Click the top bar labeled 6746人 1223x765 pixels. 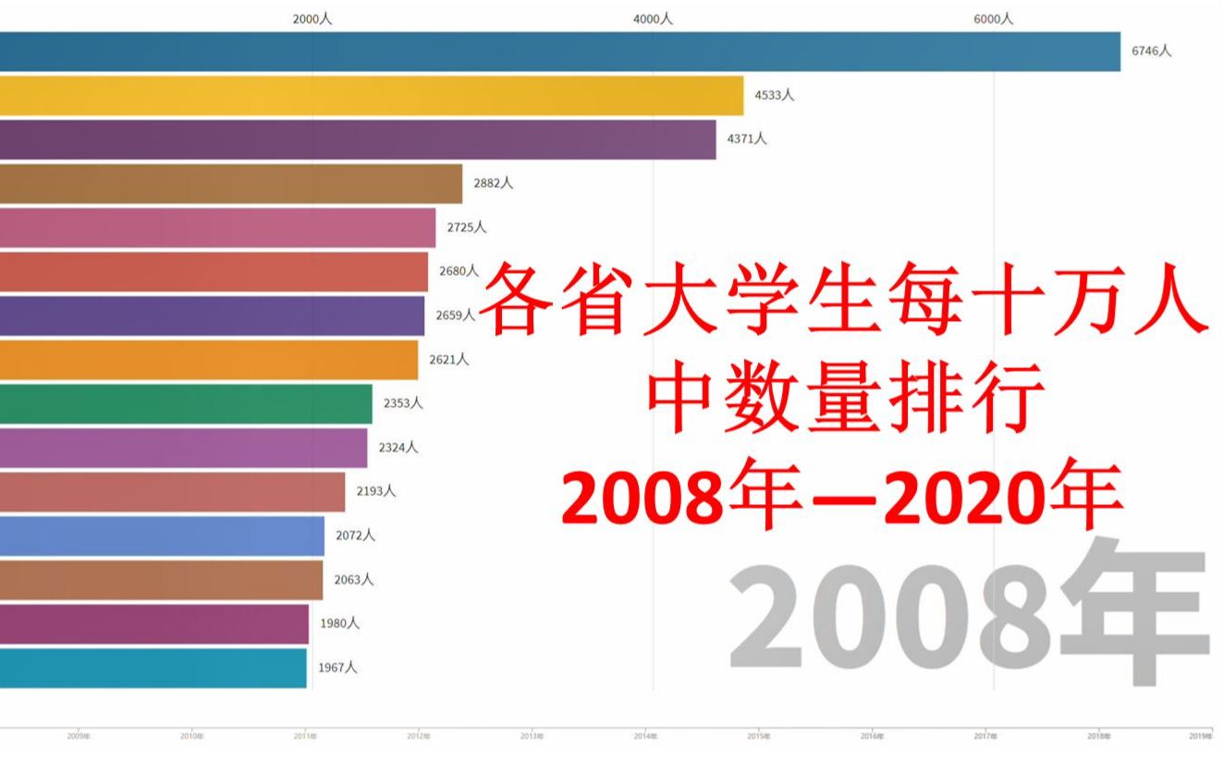559,52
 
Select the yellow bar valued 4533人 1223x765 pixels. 371,95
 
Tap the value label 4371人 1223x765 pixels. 748,139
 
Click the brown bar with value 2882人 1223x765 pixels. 230,183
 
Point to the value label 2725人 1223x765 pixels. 467,227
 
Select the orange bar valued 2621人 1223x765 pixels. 208,359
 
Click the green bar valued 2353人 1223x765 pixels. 185,403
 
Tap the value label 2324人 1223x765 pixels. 398,447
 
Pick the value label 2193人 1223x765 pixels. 376,491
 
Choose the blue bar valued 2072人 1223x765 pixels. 162,536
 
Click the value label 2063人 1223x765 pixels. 354,579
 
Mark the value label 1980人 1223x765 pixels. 339,623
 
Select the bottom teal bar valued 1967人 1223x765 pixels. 153,667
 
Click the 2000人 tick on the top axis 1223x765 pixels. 312,19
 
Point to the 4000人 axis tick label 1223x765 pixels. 653,19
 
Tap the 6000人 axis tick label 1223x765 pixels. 994,19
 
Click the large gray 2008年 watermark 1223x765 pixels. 969,613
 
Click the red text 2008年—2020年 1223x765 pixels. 843,501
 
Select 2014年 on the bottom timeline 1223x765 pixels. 645,737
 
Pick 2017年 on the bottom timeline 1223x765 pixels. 985,737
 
